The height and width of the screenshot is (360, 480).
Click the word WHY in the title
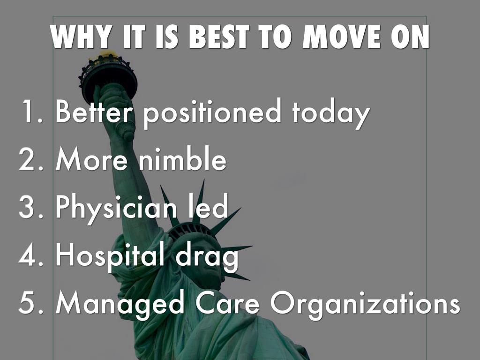(x=81, y=37)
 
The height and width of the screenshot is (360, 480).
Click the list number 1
(x=32, y=111)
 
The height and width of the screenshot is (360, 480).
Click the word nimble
(x=183, y=158)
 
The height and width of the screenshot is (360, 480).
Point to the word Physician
(x=116, y=209)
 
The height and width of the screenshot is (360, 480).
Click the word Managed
(x=120, y=304)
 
